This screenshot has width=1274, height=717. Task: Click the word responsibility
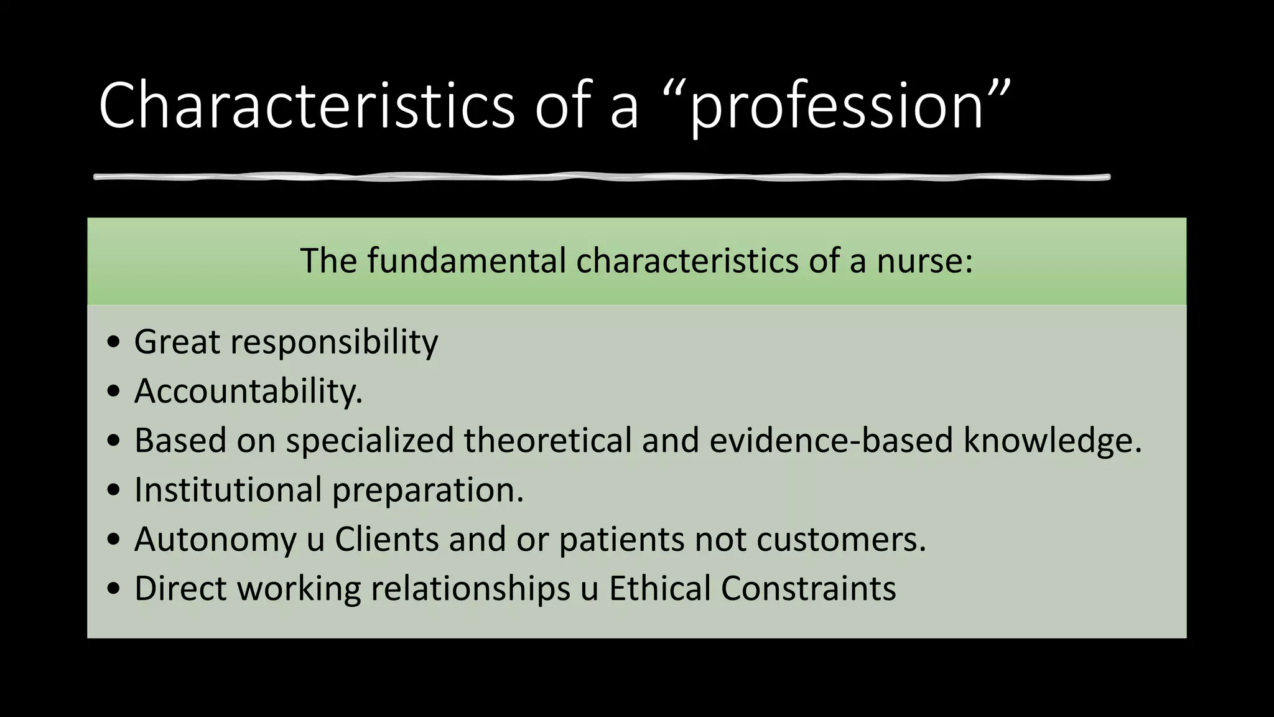[334, 343]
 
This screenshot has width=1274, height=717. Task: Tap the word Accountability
[248, 391]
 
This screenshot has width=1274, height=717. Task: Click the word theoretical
[547, 440]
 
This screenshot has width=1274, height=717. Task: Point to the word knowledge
[1051, 441]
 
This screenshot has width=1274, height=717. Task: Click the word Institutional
[228, 490]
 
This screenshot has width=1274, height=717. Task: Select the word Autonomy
[215, 540]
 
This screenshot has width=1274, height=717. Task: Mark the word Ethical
[659, 588]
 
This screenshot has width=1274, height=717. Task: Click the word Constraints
[808, 588]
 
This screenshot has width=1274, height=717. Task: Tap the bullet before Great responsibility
[113, 343]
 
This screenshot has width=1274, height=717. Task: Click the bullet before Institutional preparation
[113, 490]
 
